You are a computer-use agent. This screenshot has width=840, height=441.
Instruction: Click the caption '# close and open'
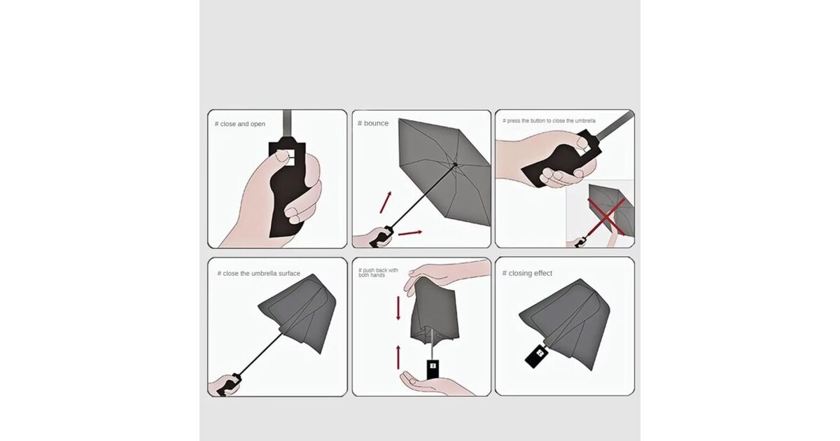point(240,124)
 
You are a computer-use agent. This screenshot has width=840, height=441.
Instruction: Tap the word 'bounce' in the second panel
point(376,123)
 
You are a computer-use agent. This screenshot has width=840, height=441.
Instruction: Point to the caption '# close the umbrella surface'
point(259,274)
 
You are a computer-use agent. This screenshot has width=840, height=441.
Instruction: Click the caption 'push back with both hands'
point(378,272)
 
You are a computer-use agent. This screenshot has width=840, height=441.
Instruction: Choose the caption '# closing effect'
point(527,273)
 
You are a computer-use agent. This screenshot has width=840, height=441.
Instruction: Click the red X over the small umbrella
point(606,217)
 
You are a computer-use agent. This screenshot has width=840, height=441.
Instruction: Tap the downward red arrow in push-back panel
point(398,308)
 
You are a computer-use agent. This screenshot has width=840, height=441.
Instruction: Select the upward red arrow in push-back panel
point(398,358)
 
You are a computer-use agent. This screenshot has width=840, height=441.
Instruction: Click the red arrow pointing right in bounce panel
point(410,233)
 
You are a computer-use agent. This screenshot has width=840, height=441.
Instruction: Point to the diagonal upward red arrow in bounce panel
point(386,202)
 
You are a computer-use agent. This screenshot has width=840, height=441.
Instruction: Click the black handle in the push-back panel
point(433,370)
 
